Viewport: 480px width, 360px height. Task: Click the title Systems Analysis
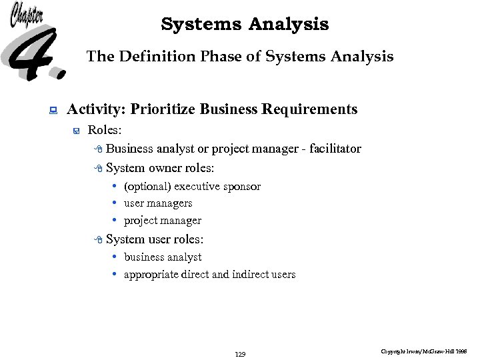point(245,25)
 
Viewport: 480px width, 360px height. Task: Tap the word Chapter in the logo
point(27,15)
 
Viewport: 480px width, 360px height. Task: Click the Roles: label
point(105,130)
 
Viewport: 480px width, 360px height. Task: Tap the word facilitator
point(332,149)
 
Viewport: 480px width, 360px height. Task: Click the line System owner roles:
point(160,168)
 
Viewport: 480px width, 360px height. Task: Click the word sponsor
point(242,187)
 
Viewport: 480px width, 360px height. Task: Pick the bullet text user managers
point(158,203)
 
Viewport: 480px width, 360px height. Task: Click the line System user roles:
point(155,239)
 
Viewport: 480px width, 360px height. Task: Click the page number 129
point(240,354)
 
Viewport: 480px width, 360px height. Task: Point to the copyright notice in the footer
point(424,351)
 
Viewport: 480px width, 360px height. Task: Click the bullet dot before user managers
point(115,203)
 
